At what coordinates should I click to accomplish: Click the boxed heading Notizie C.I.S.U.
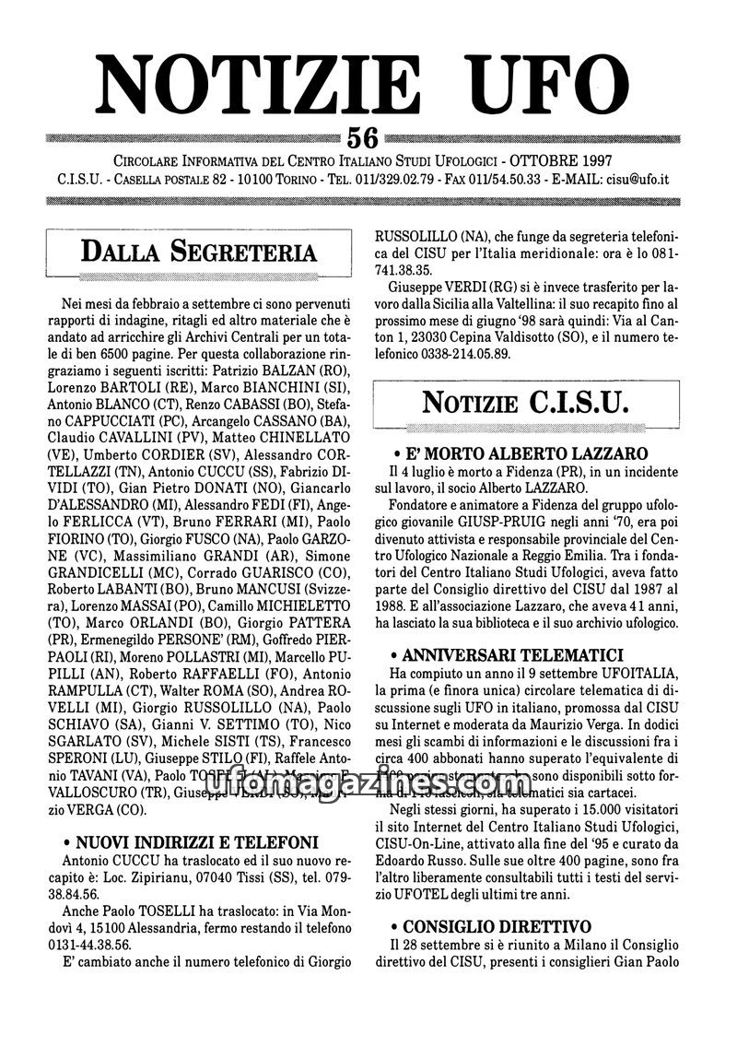525,402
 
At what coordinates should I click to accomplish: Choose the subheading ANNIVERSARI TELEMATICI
521,655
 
